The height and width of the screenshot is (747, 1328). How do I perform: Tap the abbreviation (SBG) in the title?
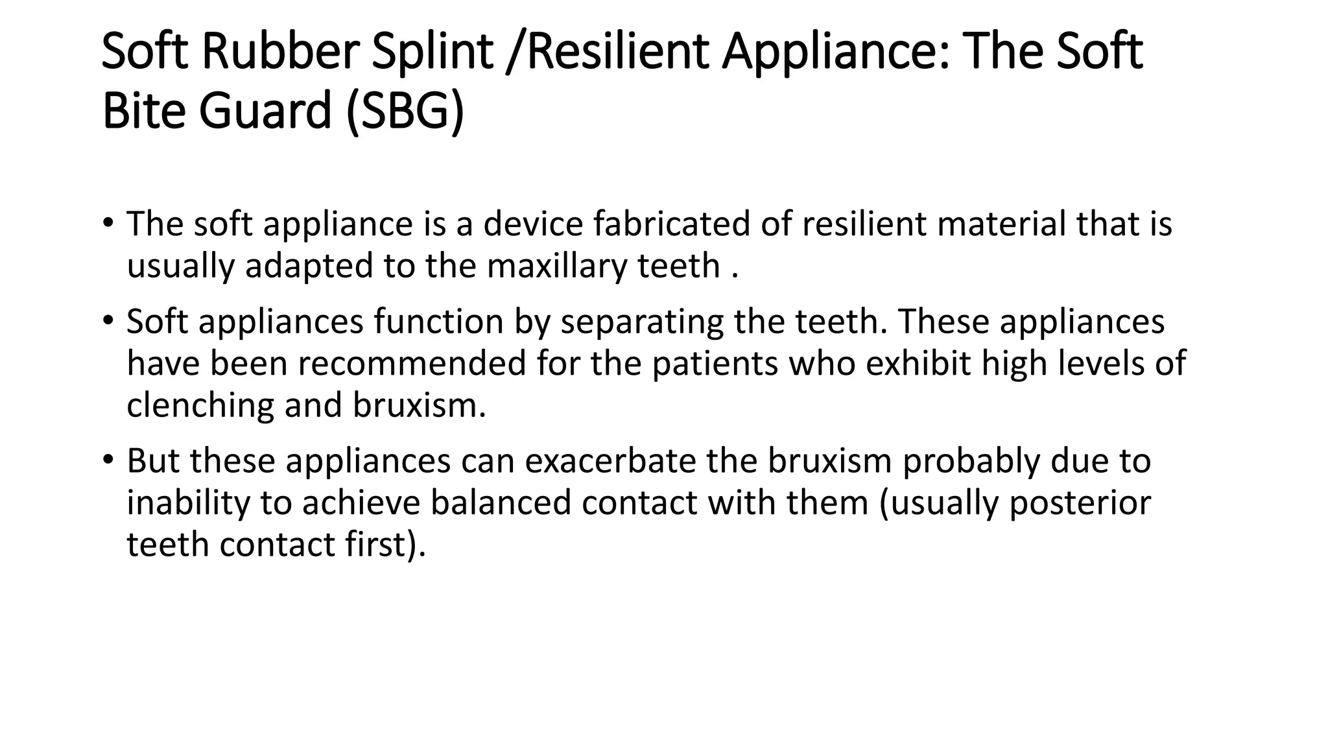point(405,112)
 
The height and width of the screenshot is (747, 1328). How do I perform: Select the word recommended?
point(412,363)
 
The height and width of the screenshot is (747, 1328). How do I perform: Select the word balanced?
point(500,503)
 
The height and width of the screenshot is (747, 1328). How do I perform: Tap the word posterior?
point(1080,503)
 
